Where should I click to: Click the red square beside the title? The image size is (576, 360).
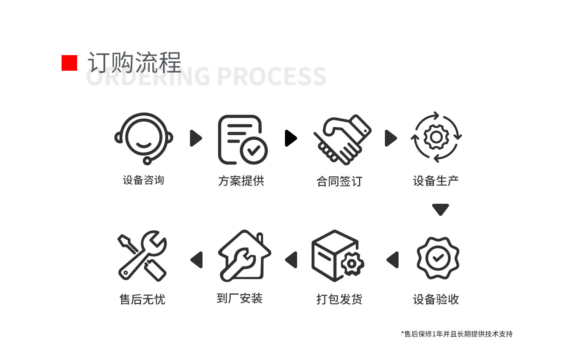coord(69,63)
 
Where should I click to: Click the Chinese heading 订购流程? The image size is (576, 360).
coord(135,62)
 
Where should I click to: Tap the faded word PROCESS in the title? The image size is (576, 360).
coord(272,76)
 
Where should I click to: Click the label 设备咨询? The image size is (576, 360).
coord(144,180)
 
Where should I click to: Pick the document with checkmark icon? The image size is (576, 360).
coord(243,140)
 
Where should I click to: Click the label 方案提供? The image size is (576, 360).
coord(241,181)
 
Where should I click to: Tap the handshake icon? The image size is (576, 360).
coord(342,140)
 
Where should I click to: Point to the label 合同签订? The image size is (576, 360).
coord(339,181)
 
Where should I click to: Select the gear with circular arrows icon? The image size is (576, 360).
coord(437,137)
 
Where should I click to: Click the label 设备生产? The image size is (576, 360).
coord(436,181)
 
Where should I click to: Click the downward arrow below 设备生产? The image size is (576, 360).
coord(440,209)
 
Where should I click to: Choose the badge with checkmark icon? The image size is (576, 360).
coord(438,258)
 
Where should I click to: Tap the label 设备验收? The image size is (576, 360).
coord(436,300)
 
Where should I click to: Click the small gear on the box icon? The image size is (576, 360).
coord(352,263)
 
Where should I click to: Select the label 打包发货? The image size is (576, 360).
coord(339,300)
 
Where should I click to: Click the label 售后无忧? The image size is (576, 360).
coord(142,300)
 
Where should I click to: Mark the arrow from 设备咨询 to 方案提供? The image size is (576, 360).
coord(196,138)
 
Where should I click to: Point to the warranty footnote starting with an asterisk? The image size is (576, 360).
coord(457,334)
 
